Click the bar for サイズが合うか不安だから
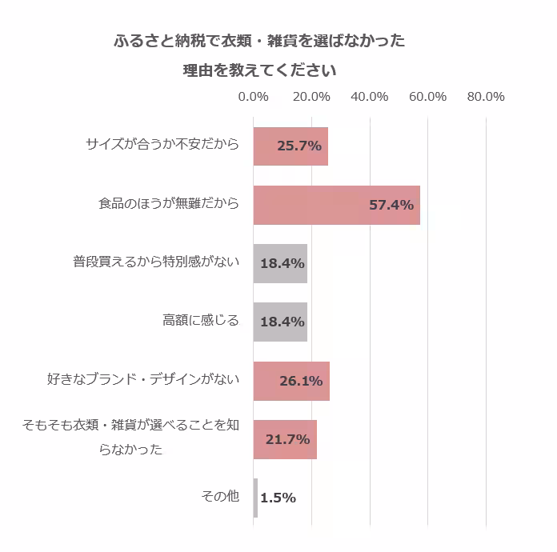(290, 146)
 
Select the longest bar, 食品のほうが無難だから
(336, 205)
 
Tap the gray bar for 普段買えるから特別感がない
(280, 263)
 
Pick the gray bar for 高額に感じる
(280, 322)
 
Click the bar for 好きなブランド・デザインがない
(291, 381)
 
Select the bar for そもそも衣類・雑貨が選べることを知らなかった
(285, 439)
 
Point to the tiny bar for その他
(255, 498)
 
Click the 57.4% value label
(391, 205)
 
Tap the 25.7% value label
(299, 146)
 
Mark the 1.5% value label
(278, 498)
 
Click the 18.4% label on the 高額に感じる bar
(283, 322)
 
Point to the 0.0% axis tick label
(254, 97)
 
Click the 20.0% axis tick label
(311, 97)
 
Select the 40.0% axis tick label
(370, 97)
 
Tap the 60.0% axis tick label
(427, 97)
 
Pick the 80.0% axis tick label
(486, 97)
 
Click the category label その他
(220, 497)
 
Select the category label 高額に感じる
(201, 321)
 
